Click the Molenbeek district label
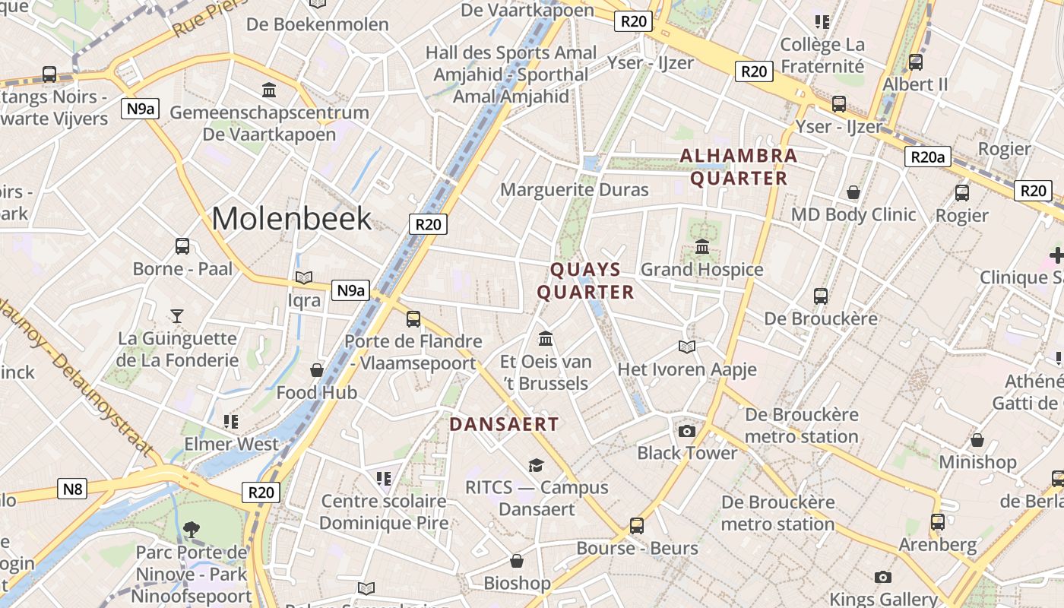[292, 219]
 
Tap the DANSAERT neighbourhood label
[504, 424]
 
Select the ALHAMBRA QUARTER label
[738, 167]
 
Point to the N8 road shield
[72, 489]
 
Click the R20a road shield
[927, 157]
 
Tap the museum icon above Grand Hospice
[701, 247]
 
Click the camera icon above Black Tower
[687, 431]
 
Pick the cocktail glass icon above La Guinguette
[177, 315]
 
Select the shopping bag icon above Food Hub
[317, 370]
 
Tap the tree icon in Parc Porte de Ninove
[192, 529]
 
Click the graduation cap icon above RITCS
[537, 465]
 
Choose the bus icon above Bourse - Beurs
[637, 525]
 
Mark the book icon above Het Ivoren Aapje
[687, 347]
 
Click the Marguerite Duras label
[574, 189]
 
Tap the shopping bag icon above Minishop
[977, 440]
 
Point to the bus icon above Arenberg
[938, 522]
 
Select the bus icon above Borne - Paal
[182, 246]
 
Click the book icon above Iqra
[304, 278]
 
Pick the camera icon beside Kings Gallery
[882, 577]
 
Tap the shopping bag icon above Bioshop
[517, 562]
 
